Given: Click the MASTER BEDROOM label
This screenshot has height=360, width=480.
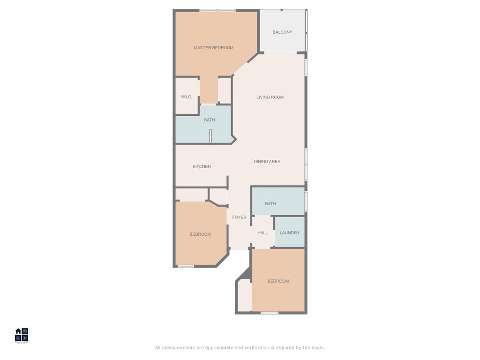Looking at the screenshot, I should (213, 48).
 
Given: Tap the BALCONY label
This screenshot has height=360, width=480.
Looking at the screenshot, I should (282, 32).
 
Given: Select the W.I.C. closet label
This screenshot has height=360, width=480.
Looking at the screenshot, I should (187, 97).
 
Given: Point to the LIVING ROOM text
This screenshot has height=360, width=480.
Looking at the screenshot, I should (270, 97).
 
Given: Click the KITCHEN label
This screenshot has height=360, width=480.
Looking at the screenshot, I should (202, 167).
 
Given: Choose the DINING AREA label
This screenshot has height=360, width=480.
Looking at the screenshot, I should (267, 162).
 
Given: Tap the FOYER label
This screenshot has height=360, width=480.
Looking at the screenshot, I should (239, 217).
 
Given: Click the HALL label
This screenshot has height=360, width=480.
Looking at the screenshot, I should (262, 233).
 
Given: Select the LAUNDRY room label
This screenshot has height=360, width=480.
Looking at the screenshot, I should (289, 233).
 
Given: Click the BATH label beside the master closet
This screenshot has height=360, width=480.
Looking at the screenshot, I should (209, 120).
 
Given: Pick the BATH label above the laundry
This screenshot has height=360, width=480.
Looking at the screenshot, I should (270, 204).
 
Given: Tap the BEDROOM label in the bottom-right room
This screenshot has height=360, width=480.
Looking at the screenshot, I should (278, 281).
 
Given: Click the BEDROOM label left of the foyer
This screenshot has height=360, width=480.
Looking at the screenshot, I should (200, 234).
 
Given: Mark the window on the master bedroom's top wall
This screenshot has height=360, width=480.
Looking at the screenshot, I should (217, 10).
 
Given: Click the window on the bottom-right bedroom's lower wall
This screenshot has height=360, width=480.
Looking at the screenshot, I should (270, 313).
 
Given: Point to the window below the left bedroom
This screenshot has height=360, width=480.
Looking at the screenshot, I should (186, 266).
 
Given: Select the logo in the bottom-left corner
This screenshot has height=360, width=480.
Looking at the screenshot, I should (22, 335).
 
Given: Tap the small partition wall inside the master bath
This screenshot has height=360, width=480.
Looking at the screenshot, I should (210, 135).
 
